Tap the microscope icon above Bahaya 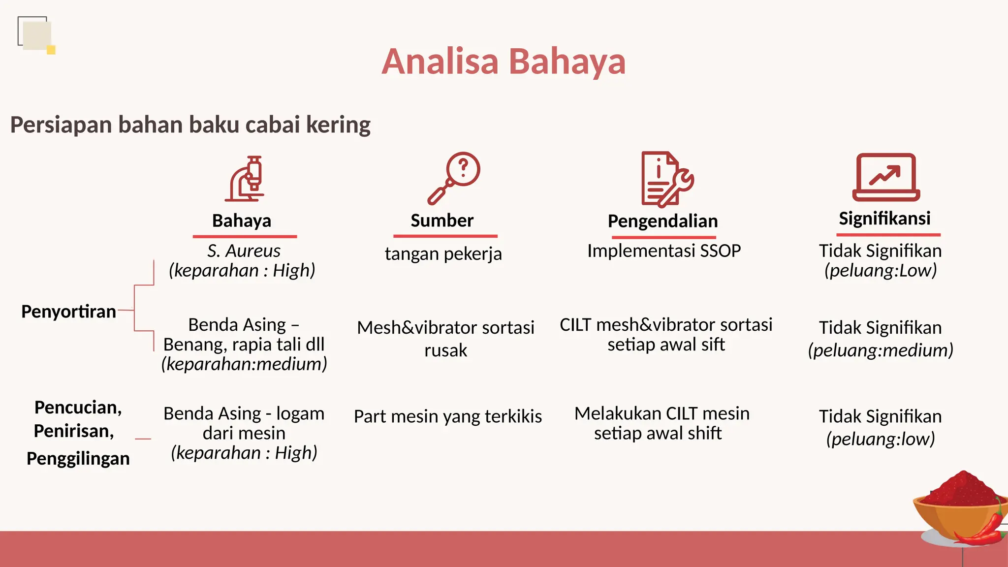(246, 179)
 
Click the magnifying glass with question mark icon (454, 178)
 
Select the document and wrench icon (666, 179)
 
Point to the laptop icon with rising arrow (885, 177)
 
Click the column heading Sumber (442, 220)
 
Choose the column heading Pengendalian (662, 221)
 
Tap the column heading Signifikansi (884, 218)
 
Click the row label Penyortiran (68, 312)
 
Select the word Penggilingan (78, 458)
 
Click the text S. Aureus (244, 251)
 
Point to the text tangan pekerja (443, 254)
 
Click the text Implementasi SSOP (664, 251)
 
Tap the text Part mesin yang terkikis (447, 416)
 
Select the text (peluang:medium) (880, 350)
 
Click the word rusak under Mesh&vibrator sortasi (445, 350)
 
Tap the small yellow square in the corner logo (51, 50)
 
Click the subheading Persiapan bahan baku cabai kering (190, 125)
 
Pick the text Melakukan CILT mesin (661, 413)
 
